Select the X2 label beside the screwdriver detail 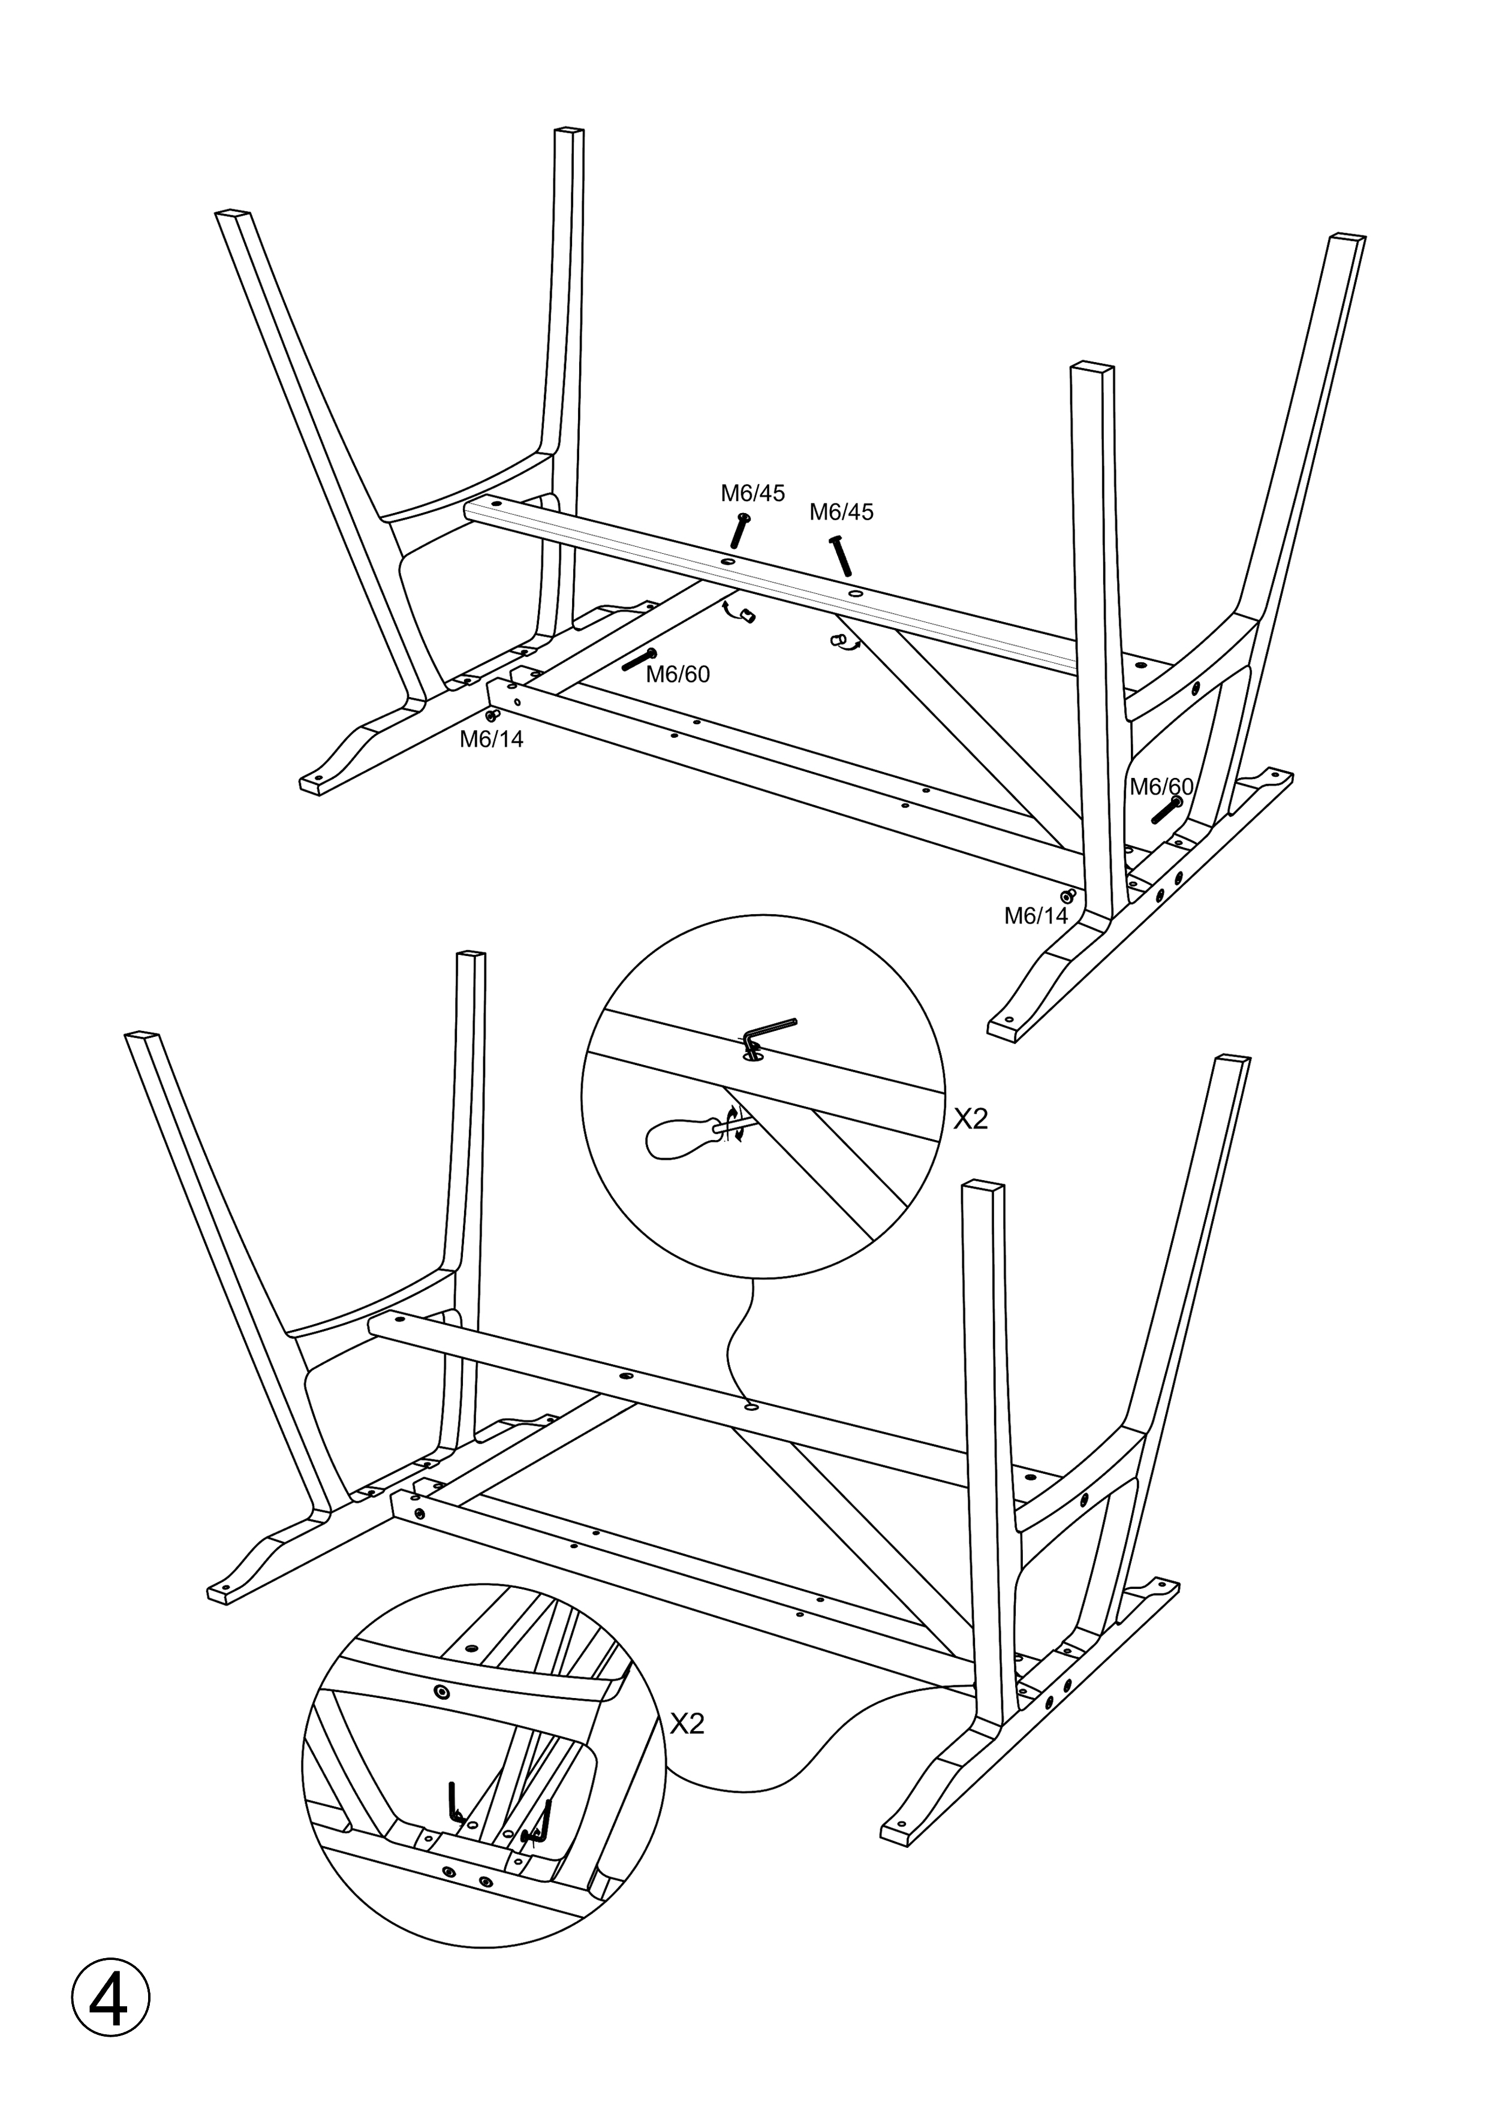pos(971,1119)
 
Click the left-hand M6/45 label pos(752,493)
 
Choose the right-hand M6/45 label pos(841,512)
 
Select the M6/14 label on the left pos(492,740)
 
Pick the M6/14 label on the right pos(1037,915)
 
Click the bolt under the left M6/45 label pos(740,531)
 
